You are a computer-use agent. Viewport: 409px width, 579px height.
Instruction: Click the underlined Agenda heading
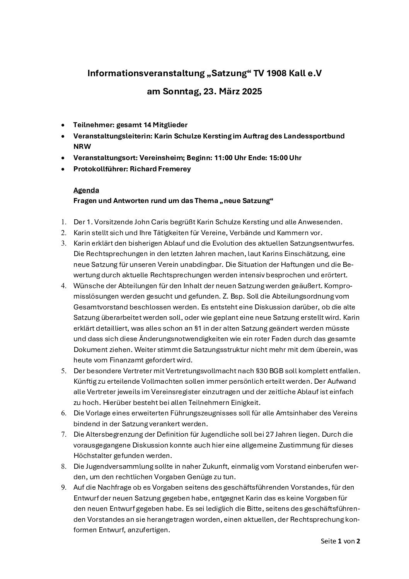(86, 190)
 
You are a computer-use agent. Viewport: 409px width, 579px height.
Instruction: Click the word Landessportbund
(310, 136)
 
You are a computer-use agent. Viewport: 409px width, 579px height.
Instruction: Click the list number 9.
(63, 487)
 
